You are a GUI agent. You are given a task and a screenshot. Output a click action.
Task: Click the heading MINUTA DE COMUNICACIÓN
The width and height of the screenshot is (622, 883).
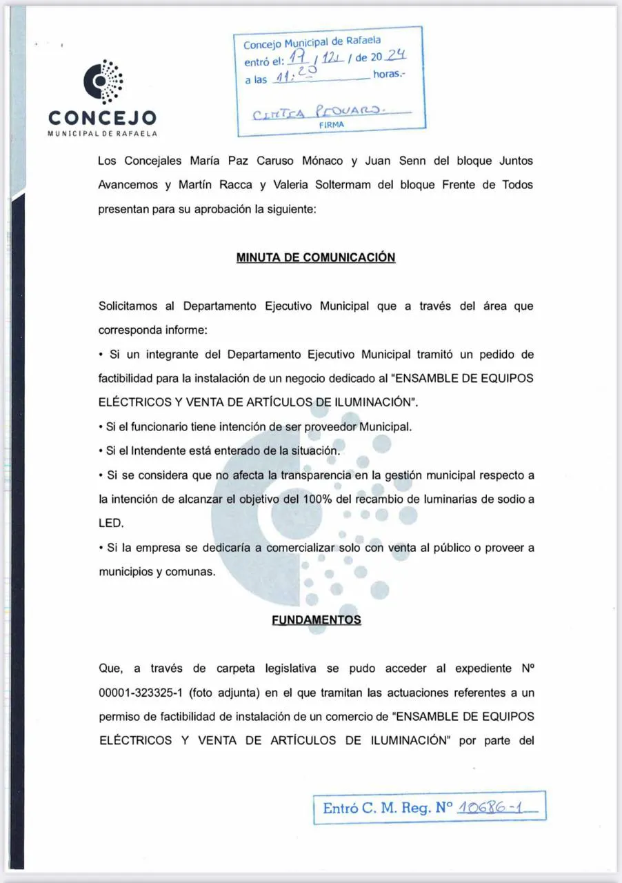tap(316, 257)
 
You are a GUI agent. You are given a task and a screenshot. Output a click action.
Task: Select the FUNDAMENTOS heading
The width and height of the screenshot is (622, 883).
tap(317, 619)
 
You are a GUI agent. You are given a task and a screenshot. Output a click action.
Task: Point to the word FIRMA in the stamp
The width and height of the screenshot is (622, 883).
tap(331, 125)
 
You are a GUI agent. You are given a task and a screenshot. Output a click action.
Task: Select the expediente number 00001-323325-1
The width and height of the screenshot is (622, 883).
tap(141, 692)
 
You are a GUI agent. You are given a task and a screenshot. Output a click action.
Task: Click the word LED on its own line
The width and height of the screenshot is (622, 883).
tap(111, 524)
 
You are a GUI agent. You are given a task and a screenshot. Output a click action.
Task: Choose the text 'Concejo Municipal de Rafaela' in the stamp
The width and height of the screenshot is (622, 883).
tap(311, 43)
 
